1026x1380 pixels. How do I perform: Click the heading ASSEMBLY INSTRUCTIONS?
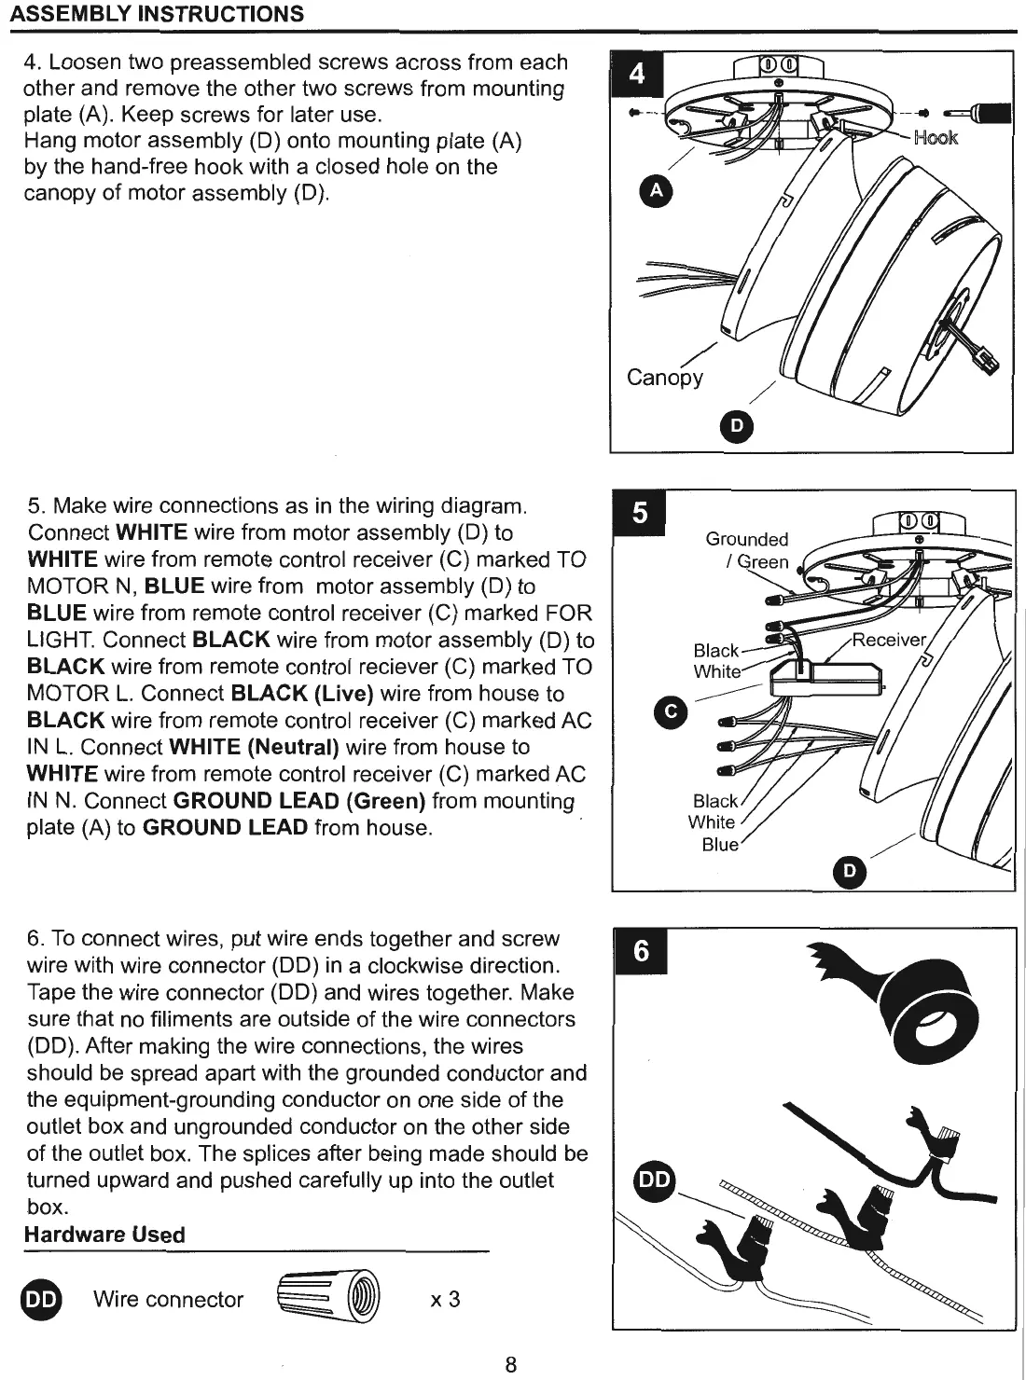pos(157,15)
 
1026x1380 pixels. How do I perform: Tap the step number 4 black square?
pos(636,74)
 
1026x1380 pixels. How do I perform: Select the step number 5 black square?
pos(639,513)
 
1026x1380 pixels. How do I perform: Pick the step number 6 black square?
pos(641,950)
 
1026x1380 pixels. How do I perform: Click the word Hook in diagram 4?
pos(936,138)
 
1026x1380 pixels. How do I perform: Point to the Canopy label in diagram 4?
pos(664,377)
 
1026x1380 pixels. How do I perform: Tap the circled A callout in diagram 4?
pos(657,191)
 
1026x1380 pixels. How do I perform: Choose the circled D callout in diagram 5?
pos(849,871)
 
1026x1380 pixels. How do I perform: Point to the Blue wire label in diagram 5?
pos(719,845)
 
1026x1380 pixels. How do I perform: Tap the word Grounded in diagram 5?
pos(746,539)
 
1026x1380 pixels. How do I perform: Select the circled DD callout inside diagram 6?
pos(655,1180)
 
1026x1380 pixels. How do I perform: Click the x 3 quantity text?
pos(445,1299)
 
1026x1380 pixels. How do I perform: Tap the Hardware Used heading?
pos(104,1235)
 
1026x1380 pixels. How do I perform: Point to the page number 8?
pos(510,1364)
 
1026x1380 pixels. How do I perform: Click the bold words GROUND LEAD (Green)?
pos(299,801)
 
